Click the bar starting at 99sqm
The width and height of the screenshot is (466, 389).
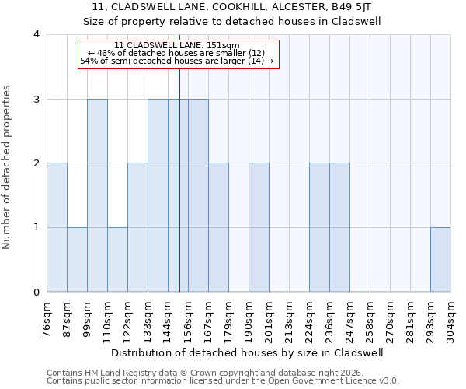[97, 195]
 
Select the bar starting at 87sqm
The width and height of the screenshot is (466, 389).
[77, 260]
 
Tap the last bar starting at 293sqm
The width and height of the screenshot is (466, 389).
[440, 260]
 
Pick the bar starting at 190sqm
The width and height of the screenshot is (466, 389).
[259, 228]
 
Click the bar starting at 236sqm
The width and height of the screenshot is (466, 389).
[339, 228]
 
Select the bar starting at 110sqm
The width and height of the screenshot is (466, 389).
[117, 260]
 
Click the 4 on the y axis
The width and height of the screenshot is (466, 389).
[37, 34]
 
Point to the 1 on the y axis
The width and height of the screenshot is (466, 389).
[37, 228]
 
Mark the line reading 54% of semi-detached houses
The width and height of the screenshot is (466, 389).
[177, 61]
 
